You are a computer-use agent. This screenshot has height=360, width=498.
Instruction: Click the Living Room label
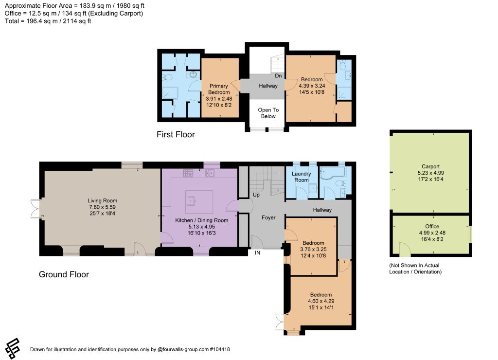tap(102, 200)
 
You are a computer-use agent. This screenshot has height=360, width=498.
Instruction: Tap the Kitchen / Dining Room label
tap(202, 220)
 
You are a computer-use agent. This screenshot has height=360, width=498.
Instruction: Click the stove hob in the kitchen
tap(188, 173)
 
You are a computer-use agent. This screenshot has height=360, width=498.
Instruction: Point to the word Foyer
tap(268, 217)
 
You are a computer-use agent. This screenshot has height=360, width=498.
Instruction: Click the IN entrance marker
tap(257, 253)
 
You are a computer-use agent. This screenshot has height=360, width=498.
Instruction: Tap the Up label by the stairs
tap(256, 195)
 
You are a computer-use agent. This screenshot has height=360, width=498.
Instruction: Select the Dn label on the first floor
tap(278, 75)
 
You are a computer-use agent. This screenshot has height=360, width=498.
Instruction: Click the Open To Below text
tap(268, 113)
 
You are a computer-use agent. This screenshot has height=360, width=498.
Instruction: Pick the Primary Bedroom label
tap(219, 89)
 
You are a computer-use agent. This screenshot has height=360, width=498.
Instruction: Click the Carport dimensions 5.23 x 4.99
tap(431, 173)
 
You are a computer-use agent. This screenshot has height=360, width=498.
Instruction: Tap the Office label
tap(432, 226)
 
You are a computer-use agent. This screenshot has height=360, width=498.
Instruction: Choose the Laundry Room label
tap(301, 177)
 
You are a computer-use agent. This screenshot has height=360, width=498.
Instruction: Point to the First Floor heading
tap(176, 134)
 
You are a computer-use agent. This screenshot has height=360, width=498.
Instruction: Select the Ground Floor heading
tap(64, 274)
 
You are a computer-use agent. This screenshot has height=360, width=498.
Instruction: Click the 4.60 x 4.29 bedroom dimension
tap(321, 301)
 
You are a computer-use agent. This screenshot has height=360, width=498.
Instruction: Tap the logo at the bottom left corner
tap(13, 348)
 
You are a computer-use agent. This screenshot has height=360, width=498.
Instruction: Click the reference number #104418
tap(219, 349)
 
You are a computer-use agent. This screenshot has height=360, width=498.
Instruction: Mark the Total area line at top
tap(48, 21)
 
